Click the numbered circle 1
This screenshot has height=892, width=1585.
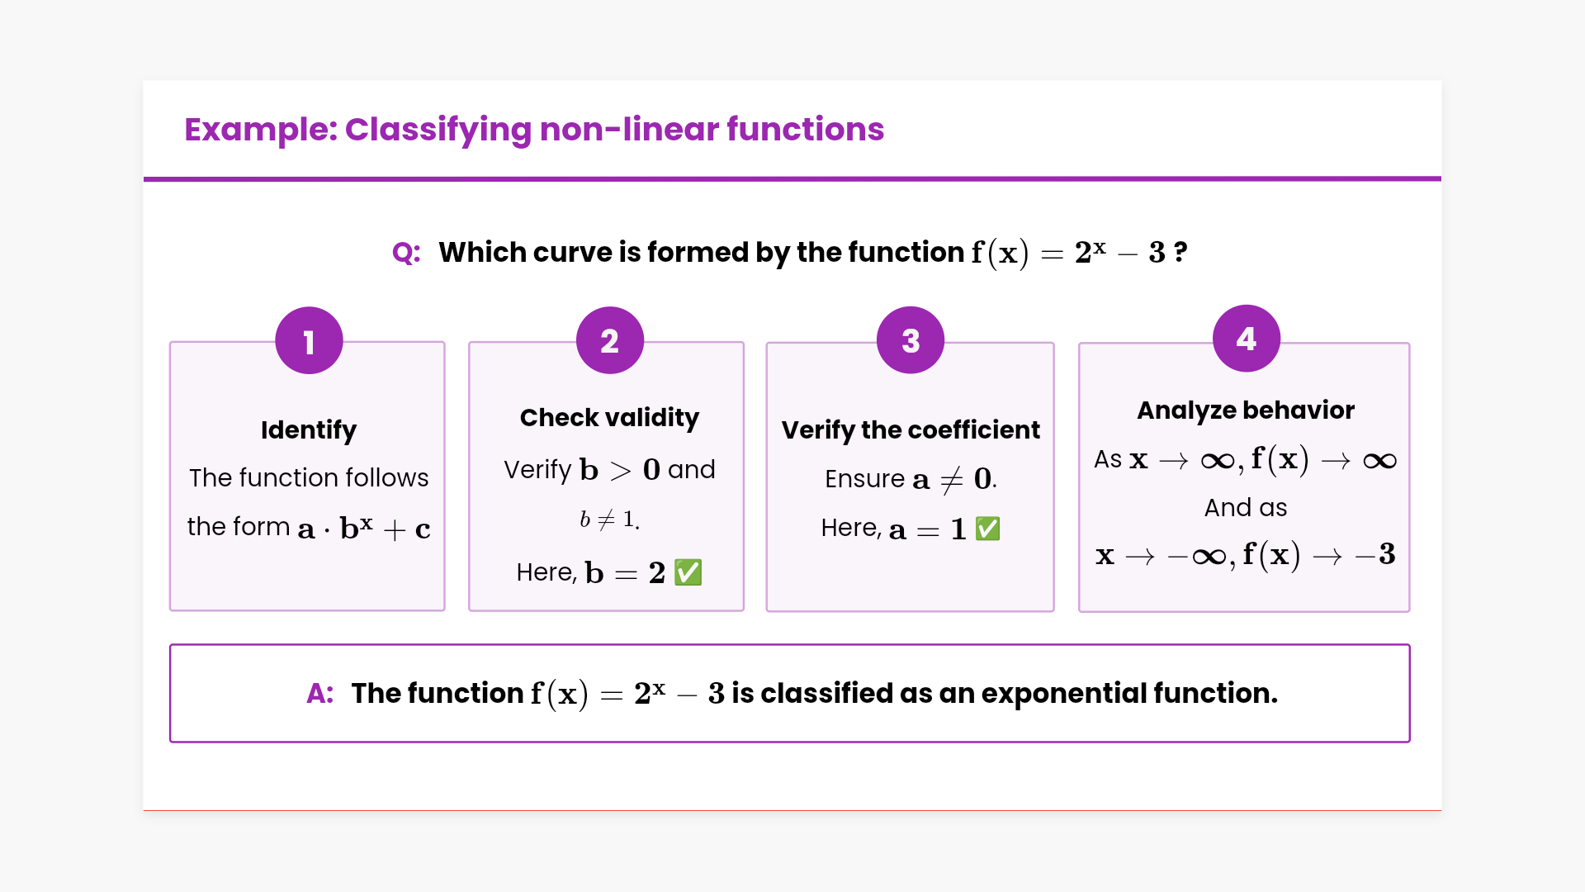click(x=309, y=341)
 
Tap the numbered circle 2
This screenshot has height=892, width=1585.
click(x=610, y=340)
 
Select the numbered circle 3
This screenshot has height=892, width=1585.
click(x=911, y=340)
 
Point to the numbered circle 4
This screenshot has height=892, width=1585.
click(x=1247, y=339)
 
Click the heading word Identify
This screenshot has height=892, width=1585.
click(x=309, y=430)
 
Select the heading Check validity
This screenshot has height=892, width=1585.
click(x=609, y=418)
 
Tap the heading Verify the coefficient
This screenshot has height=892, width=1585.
click(x=911, y=430)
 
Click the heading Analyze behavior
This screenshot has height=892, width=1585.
click(x=1246, y=410)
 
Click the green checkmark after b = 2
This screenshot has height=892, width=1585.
click(x=688, y=572)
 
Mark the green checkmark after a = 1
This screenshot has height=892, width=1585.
click(x=988, y=529)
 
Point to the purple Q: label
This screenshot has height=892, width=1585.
click(x=406, y=253)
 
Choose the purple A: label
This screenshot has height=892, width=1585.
click(x=320, y=694)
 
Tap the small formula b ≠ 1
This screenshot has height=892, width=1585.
click(x=609, y=520)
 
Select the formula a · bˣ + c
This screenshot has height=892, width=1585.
click(x=364, y=528)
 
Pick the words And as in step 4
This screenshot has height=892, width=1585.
click(x=1246, y=508)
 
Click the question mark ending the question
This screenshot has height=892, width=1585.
click(x=1180, y=252)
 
